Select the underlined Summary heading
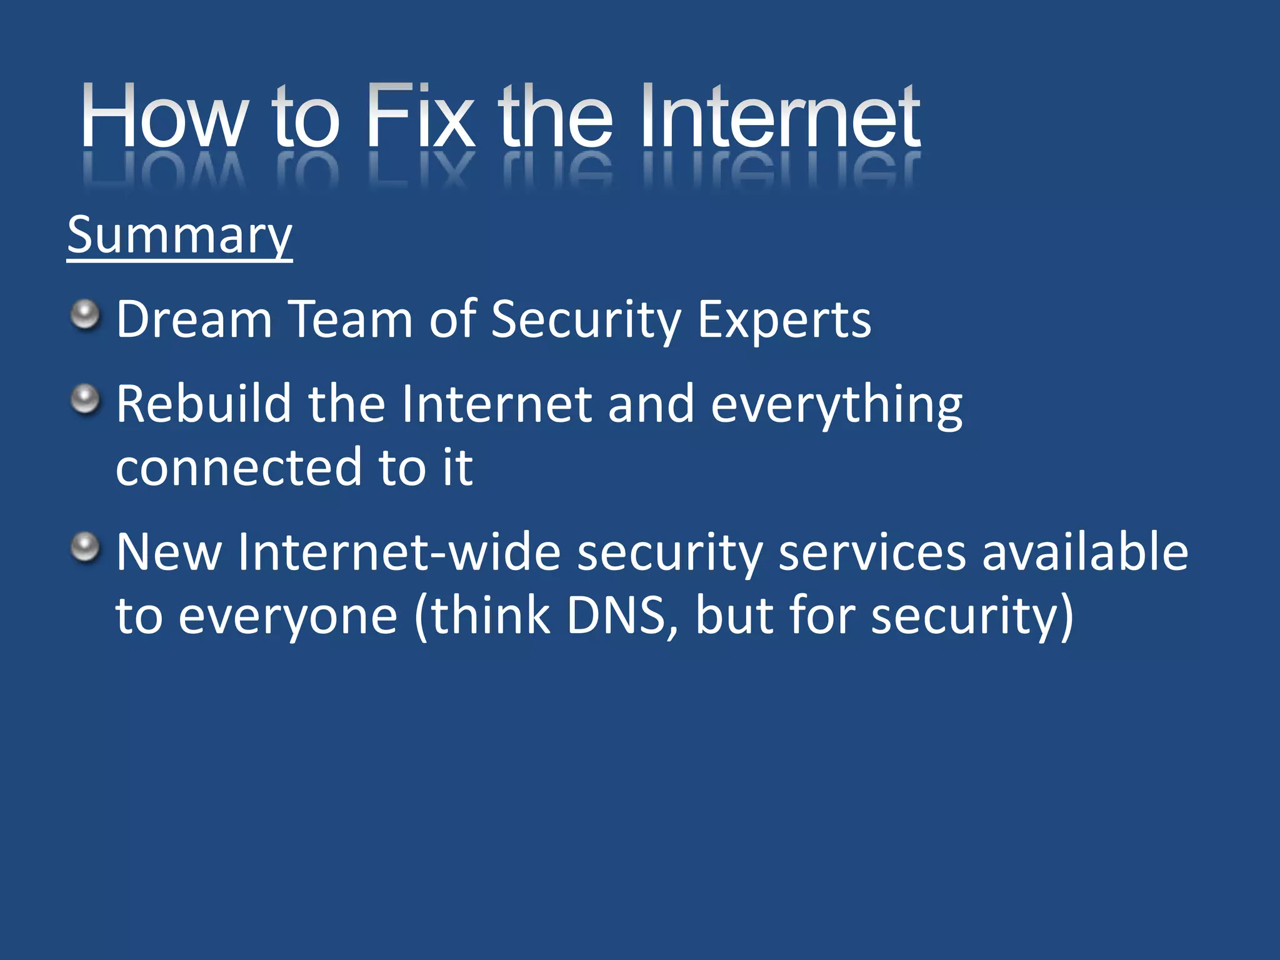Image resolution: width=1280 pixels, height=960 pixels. (x=179, y=236)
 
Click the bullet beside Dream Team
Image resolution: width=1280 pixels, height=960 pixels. (x=85, y=314)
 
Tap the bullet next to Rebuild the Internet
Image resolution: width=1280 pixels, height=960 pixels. (x=85, y=399)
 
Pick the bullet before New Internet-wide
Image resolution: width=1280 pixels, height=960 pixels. (x=85, y=547)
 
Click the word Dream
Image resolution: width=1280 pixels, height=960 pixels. (x=194, y=320)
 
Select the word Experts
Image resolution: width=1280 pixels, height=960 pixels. (x=784, y=320)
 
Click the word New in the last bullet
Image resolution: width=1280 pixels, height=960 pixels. (x=169, y=552)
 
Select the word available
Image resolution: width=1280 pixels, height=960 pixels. (x=1085, y=552)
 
